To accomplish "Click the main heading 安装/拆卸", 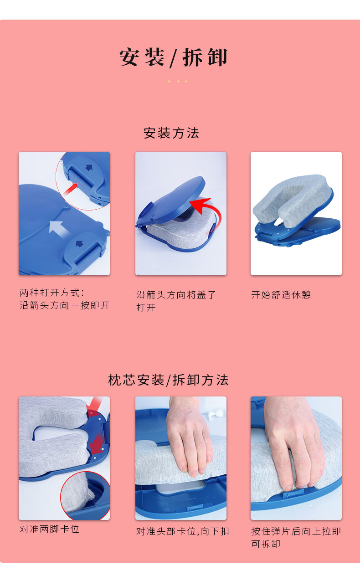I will (173, 58).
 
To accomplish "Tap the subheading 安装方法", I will (171, 133).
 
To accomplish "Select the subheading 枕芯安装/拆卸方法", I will (168, 380).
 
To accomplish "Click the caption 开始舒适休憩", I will (281, 295).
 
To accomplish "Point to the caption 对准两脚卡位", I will (49, 529).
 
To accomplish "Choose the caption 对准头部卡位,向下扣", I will (182, 531).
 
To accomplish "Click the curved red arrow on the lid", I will (205, 210).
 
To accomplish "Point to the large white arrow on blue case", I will (58, 226).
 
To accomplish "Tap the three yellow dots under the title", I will (178, 82).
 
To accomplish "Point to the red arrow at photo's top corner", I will (96, 403).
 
